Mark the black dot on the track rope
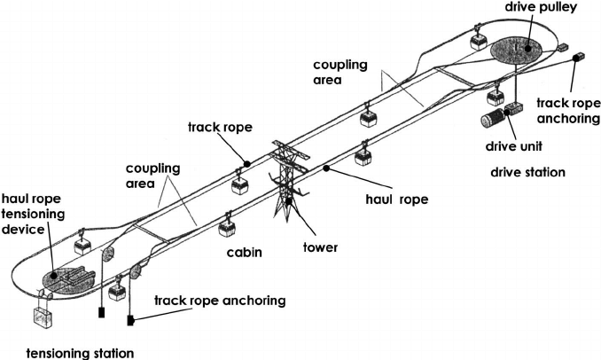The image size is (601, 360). pos(247,163)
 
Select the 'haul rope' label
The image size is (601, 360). pos(396,200)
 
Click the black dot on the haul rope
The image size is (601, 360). pos(327,166)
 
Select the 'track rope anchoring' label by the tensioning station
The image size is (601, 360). pos(221,301)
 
